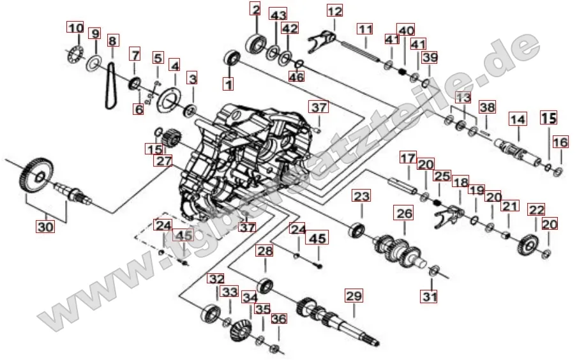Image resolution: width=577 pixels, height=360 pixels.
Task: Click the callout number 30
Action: (x=45, y=227)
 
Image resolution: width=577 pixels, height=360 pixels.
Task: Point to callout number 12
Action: (x=334, y=11)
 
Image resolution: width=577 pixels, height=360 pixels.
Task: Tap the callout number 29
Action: (x=354, y=296)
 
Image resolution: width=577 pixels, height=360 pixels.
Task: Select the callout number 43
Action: (x=278, y=15)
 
